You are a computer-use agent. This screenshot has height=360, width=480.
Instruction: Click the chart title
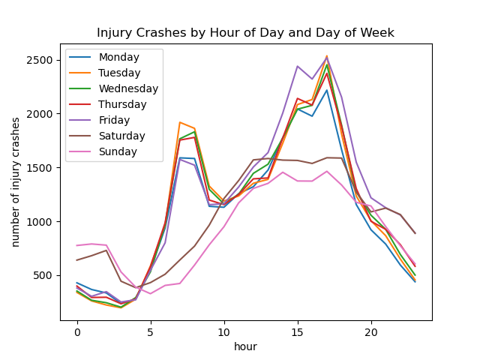tap(245, 33)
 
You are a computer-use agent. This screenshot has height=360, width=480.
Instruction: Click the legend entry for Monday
tap(119, 57)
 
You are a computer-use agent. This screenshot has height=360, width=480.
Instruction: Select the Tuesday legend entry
tap(119, 73)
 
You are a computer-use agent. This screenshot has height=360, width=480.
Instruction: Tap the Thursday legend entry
tap(121, 104)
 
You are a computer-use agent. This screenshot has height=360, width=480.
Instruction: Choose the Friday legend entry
tap(114, 120)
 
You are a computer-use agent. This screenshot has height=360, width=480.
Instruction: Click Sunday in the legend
tap(117, 151)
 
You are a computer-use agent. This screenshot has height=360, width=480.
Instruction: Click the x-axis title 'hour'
tap(245, 346)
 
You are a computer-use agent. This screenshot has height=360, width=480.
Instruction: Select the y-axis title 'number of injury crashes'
tap(16, 182)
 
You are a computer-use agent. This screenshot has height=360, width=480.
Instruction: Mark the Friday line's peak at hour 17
tap(327, 57)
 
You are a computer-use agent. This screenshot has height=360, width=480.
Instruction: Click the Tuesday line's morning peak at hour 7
tap(180, 122)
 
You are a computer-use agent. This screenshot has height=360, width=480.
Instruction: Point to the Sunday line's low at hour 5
tap(150, 293)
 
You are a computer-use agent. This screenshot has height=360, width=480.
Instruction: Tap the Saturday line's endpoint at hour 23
tap(415, 233)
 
